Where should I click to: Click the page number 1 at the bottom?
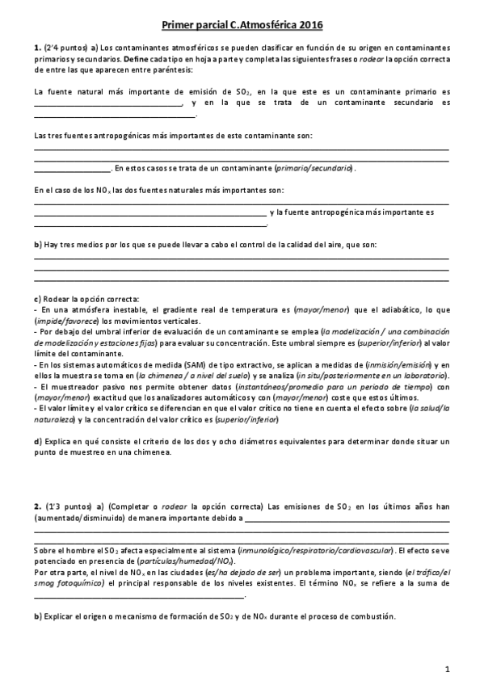click(x=446, y=668)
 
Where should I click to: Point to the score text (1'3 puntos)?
click(x=62, y=505)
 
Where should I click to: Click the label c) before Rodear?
click(x=37, y=299)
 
